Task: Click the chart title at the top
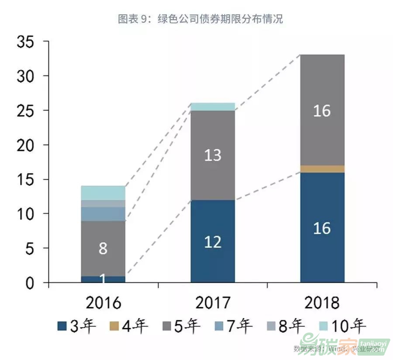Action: tap(200, 19)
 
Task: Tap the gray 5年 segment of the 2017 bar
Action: tap(213, 155)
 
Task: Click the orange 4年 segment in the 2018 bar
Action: tap(322, 169)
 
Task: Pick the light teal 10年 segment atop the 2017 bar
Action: tap(213, 107)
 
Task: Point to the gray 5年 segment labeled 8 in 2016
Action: tap(103, 248)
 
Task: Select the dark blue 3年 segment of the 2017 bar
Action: tap(213, 241)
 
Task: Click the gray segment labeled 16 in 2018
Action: tap(322, 110)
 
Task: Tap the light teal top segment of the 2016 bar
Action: tap(103, 193)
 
